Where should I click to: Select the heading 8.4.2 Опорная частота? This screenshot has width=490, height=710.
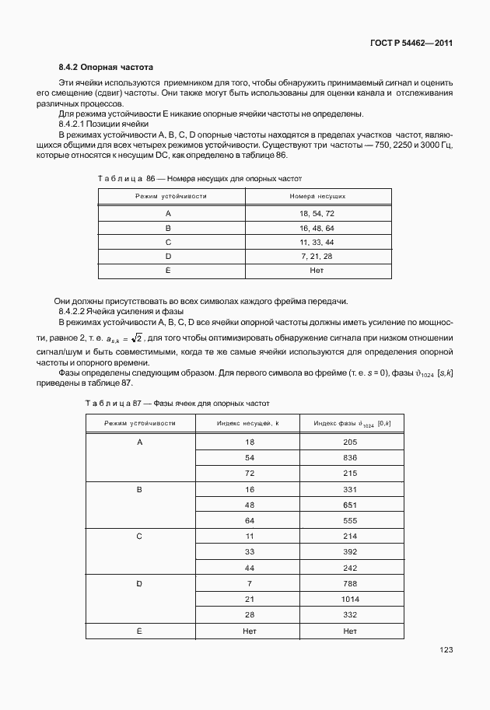pyautogui.click(x=107, y=68)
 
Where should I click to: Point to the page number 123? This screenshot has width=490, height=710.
pyautogui.click(x=445, y=649)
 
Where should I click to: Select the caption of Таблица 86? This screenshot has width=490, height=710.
pyautogui.click(x=194, y=179)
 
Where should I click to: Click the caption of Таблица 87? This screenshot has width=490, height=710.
pyautogui.click(x=177, y=404)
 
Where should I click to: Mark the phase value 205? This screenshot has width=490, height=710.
pyautogui.click(x=349, y=442)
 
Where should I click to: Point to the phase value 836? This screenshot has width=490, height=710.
pyautogui.click(x=349, y=457)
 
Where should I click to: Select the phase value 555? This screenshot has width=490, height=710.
pyautogui.click(x=349, y=519)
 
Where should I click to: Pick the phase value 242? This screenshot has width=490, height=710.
pyautogui.click(x=349, y=567)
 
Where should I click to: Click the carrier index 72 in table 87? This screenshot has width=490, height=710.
pyautogui.click(x=250, y=473)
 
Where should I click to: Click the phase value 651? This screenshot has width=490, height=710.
pyautogui.click(x=349, y=504)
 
